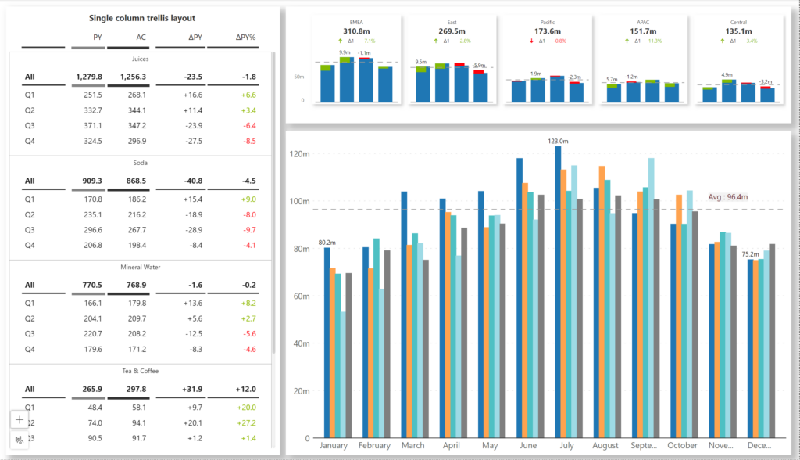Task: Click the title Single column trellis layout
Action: [142, 18]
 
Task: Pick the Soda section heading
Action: [141, 163]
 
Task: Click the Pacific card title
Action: [548, 22]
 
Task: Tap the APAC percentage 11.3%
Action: [655, 41]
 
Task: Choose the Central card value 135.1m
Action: [739, 31]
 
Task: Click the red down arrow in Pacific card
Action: [532, 41]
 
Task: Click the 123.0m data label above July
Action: [558, 142]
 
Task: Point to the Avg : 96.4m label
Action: [728, 197]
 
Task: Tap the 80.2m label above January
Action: [328, 242]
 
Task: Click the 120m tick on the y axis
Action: [301, 154]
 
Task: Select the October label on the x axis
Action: [682, 445]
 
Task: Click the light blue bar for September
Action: [651, 297]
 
